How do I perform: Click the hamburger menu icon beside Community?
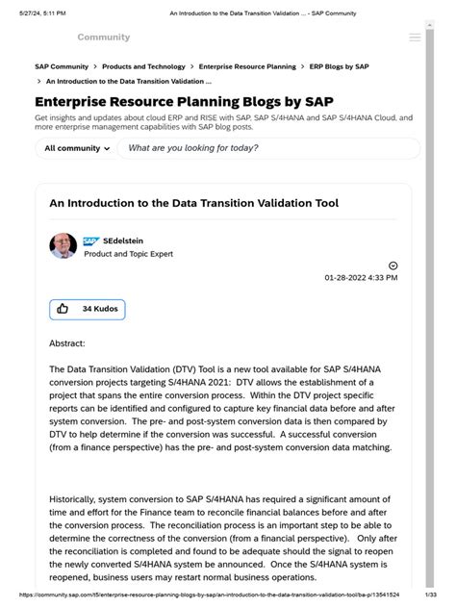click(x=415, y=38)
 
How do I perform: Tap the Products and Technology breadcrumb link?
click(x=143, y=66)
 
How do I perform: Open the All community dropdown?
click(x=77, y=148)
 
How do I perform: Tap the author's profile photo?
click(x=63, y=245)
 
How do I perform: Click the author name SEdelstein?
click(x=125, y=241)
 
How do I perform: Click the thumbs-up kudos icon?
click(x=63, y=309)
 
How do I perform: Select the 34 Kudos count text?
click(x=100, y=309)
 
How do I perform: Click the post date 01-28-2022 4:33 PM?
click(x=361, y=278)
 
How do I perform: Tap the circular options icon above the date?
click(x=393, y=266)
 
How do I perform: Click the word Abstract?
click(x=67, y=342)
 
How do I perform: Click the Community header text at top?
click(x=103, y=38)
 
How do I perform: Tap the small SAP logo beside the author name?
click(x=90, y=241)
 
